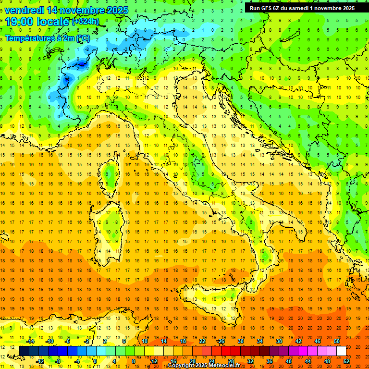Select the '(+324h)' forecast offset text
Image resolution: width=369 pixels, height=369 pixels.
[x=86, y=22]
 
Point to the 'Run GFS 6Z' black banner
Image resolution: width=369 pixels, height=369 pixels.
[x=302, y=8]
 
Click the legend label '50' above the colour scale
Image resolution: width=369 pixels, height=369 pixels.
[x=336, y=341]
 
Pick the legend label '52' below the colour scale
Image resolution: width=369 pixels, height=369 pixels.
[x=346, y=361]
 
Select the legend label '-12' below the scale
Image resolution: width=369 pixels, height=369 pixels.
[x=40, y=361]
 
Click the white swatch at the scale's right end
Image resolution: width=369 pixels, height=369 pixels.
[x=341, y=351]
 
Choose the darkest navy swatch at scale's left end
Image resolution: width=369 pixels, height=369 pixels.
[x=24, y=351]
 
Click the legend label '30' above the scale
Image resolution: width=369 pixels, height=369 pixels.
[x=240, y=341]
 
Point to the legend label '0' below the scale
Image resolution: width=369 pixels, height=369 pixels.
[x=95, y=361]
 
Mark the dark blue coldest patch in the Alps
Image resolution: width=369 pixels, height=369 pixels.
[x=81, y=63]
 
